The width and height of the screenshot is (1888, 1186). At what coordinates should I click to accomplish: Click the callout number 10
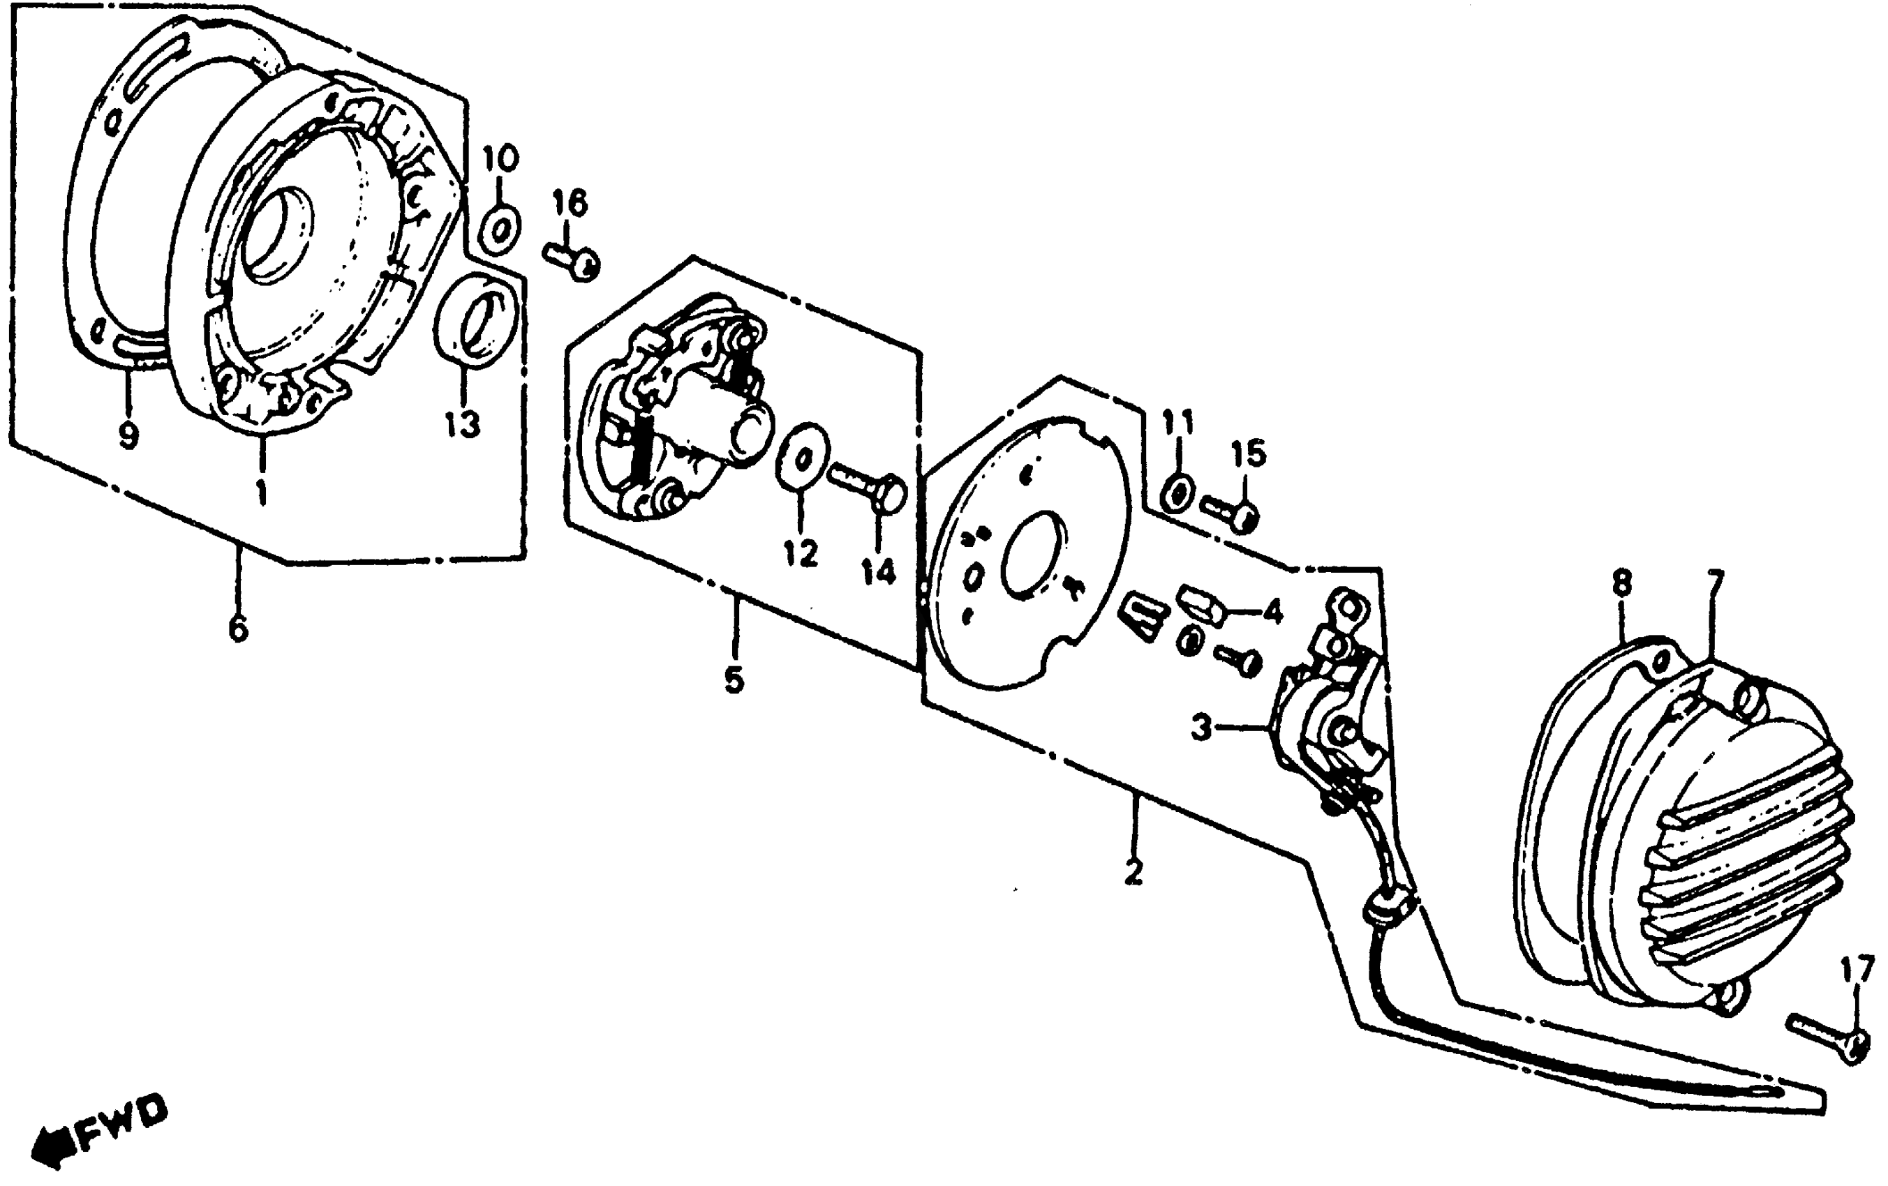coord(500,159)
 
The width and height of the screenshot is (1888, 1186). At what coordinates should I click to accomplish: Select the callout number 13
coord(463,426)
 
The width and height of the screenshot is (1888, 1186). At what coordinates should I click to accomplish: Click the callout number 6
coord(238,628)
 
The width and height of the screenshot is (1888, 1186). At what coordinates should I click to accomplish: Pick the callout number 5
coord(734,680)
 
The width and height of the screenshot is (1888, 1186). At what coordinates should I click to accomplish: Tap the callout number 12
coord(801,553)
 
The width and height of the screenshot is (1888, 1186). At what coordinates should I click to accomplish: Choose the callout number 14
coord(878,572)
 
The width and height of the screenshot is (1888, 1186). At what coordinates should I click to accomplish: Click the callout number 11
coord(1177,423)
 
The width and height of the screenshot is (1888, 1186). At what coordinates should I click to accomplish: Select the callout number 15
coord(1248,453)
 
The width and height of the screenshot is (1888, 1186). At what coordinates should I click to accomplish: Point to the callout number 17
coord(1857,972)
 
